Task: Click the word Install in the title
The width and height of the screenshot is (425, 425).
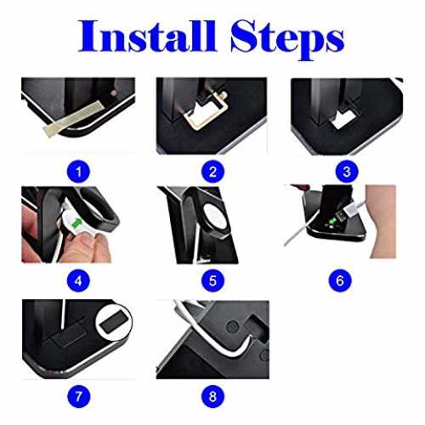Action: [x=147, y=37]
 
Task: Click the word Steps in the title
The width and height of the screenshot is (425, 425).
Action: [x=287, y=40]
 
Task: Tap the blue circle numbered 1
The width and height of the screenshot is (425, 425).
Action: [x=78, y=172]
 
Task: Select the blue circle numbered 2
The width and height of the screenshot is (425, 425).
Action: [x=212, y=172]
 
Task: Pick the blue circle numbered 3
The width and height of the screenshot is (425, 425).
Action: [x=347, y=172]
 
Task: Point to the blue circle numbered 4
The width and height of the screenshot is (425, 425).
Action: [x=78, y=280]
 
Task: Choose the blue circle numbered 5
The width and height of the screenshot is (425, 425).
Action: [x=212, y=280]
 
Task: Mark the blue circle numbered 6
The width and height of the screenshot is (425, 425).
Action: [x=340, y=280]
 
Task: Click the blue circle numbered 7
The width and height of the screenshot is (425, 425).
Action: [x=78, y=396]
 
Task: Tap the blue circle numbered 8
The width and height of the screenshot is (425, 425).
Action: [x=212, y=396]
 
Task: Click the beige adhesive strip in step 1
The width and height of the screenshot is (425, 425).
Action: [x=72, y=118]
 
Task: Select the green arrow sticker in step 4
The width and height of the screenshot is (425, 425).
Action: [x=76, y=223]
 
